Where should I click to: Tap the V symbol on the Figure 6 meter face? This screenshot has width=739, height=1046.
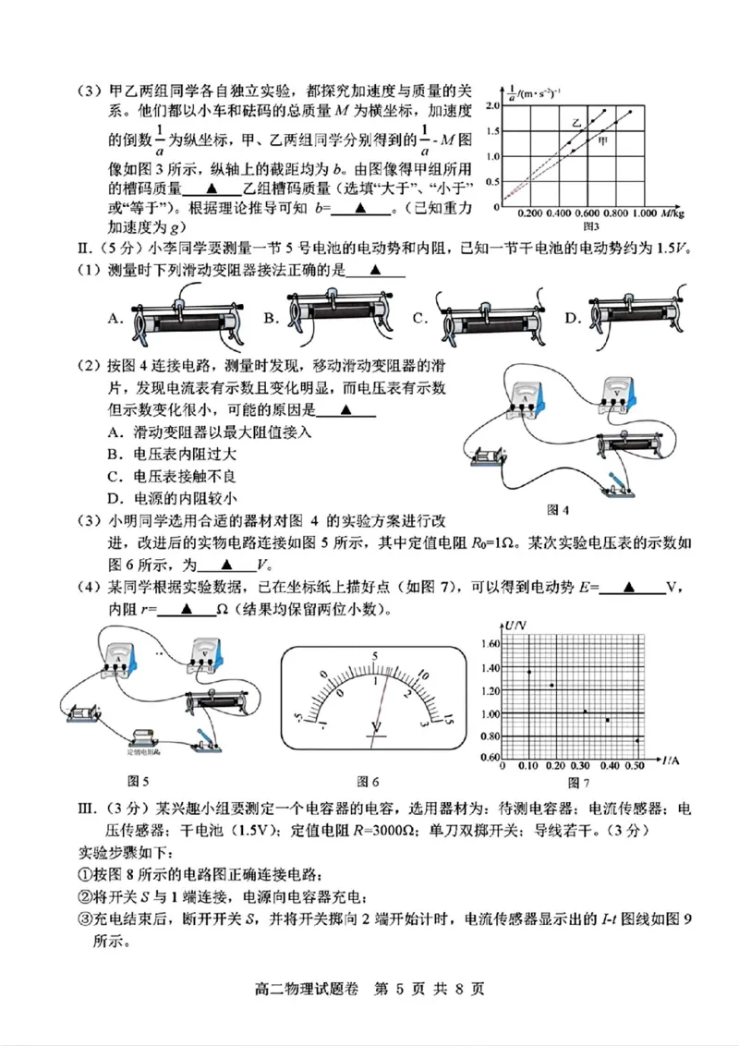[376, 726]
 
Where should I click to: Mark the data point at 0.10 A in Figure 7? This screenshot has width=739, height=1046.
[528, 672]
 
